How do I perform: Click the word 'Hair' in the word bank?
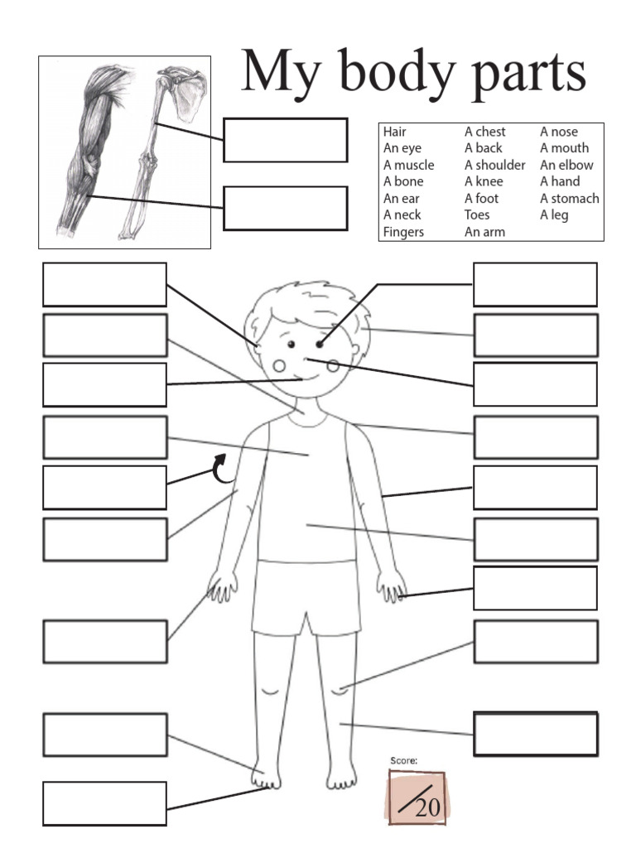(395, 132)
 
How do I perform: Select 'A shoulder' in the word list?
(494, 165)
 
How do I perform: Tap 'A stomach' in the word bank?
(570, 198)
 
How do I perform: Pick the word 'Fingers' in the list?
(403, 232)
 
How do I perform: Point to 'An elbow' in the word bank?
(566, 165)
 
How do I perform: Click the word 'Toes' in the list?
(477, 215)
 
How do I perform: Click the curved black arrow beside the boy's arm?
(222, 468)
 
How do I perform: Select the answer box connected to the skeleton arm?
(285, 140)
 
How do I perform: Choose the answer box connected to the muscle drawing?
(285, 208)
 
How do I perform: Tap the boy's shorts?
(306, 596)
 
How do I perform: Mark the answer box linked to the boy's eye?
(535, 285)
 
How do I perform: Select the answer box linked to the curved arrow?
(104, 488)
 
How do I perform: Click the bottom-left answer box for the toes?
(104, 803)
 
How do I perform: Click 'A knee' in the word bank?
(484, 181)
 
